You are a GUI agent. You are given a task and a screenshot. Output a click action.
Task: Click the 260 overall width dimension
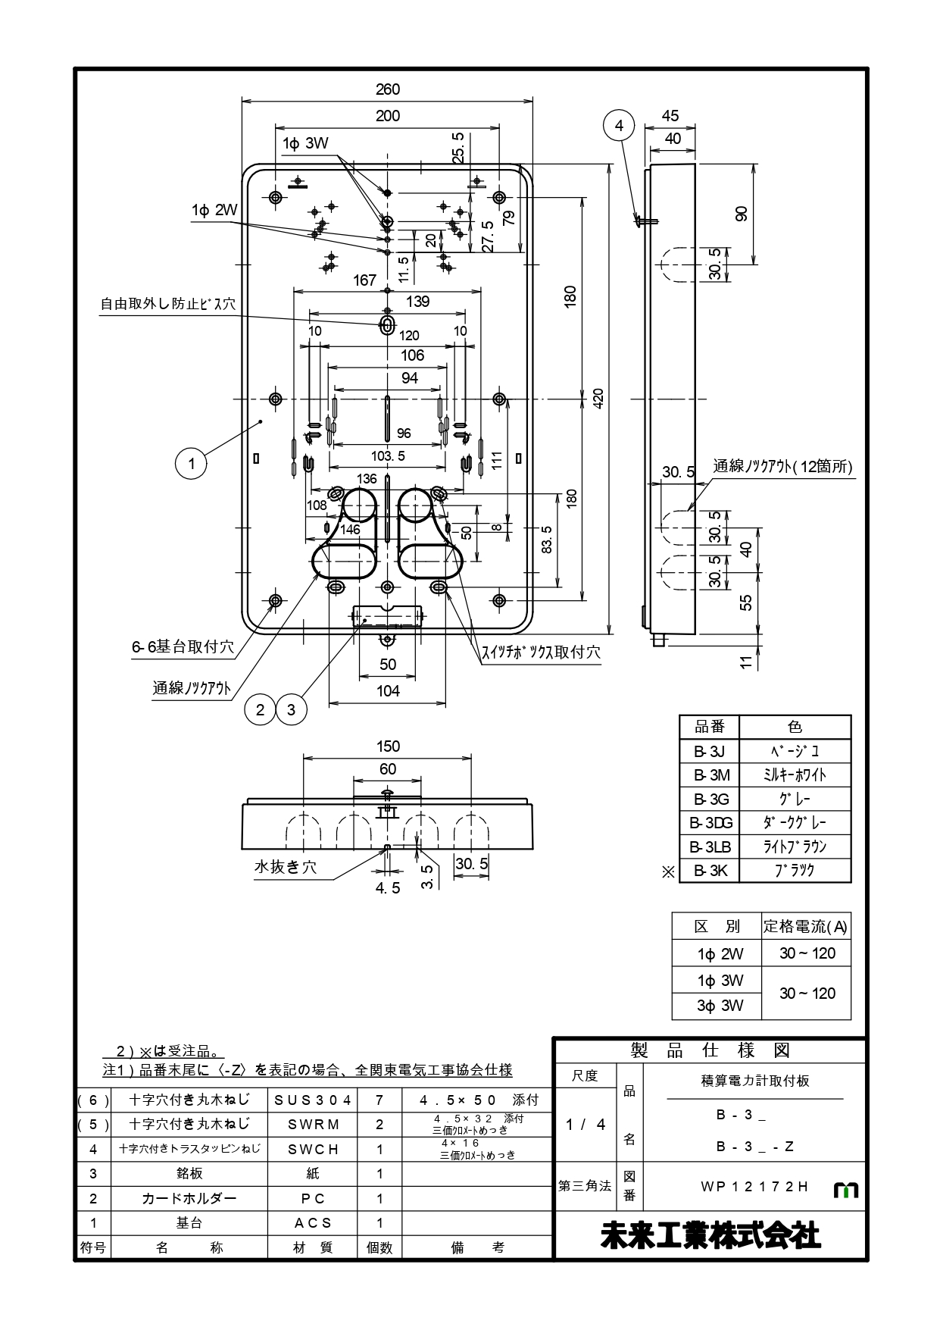click(x=387, y=89)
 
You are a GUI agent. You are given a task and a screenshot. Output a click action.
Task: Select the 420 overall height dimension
click(x=598, y=399)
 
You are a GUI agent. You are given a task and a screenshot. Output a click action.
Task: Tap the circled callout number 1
click(x=192, y=463)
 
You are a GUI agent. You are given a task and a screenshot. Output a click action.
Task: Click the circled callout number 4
click(x=620, y=126)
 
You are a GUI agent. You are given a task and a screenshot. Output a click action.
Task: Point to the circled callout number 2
click(x=261, y=709)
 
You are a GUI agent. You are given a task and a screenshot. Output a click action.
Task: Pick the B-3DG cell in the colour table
click(x=710, y=822)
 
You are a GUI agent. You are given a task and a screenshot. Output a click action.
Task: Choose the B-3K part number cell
click(x=710, y=871)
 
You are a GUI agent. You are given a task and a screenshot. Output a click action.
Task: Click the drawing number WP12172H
click(x=754, y=1187)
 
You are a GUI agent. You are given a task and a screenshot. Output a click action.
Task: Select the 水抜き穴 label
click(x=285, y=867)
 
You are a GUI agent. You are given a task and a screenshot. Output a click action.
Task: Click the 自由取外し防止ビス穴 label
click(x=168, y=304)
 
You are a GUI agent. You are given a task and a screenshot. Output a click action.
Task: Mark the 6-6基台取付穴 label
click(x=183, y=647)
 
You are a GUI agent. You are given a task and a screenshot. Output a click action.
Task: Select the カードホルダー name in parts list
click(x=189, y=1198)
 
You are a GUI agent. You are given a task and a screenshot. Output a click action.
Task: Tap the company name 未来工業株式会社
click(x=710, y=1236)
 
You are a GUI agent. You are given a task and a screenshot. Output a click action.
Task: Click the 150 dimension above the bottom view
click(x=388, y=746)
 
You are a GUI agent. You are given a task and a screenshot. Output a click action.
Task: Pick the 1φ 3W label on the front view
click(x=305, y=143)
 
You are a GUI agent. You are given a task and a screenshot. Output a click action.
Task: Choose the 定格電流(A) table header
click(x=806, y=926)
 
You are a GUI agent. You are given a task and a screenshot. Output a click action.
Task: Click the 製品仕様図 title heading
click(x=710, y=1050)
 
